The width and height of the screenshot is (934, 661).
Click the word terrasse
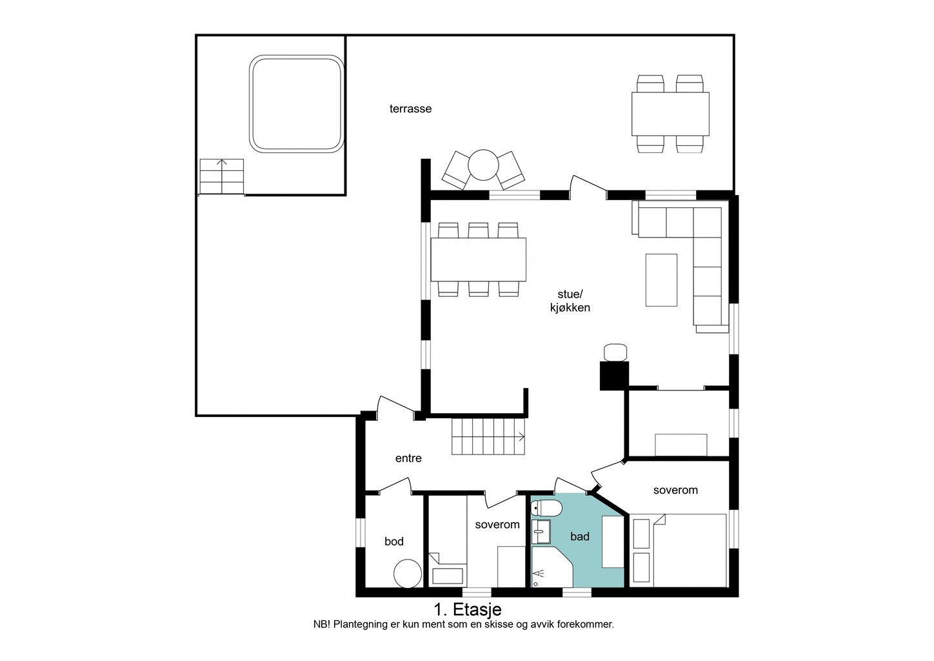tap(410, 109)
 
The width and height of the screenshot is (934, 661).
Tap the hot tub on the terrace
tap(297, 104)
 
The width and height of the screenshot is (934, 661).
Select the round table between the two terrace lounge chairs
tap(483, 165)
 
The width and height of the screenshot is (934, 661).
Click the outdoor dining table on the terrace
tap(670, 114)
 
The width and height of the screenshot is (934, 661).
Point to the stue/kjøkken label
tap(570, 301)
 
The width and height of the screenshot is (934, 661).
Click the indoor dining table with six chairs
tap(478, 259)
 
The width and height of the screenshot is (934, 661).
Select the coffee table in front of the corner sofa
tap(661, 280)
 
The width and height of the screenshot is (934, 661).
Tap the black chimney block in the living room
tap(614, 376)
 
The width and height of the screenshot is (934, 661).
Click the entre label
tap(408, 458)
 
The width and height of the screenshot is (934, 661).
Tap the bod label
tap(394, 542)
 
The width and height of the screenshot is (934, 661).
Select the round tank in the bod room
tap(408, 574)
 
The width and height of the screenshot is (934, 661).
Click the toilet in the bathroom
tap(546, 508)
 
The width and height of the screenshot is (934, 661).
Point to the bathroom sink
tap(541, 532)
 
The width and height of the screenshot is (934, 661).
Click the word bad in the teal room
tap(580, 536)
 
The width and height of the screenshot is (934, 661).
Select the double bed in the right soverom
tap(690, 551)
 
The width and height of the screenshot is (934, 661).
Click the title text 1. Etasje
tap(468, 609)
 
